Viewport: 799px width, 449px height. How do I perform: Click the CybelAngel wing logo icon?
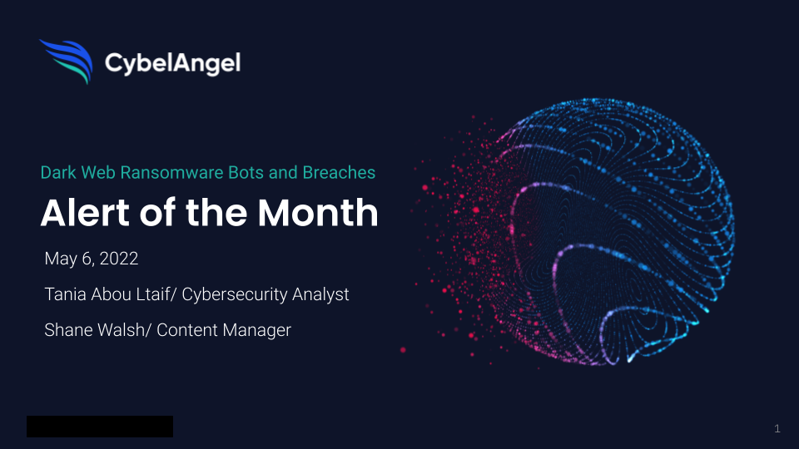pos(67,61)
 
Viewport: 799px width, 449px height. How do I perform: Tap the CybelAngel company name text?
pos(172,63)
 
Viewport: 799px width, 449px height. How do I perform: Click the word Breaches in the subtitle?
pos(339,173)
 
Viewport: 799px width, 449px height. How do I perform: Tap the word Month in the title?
pos(318,212)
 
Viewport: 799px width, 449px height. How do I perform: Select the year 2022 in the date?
pos(119,259)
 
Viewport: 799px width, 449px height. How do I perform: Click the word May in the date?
pos(61,259)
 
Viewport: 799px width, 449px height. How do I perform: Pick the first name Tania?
pos(65,294)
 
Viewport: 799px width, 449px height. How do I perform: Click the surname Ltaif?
pos(155,294)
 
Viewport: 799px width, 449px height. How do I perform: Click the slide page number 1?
pos(777,429)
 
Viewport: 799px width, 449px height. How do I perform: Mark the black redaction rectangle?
pos(100,426)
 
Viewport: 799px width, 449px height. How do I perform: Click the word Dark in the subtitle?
pos(58,173)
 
